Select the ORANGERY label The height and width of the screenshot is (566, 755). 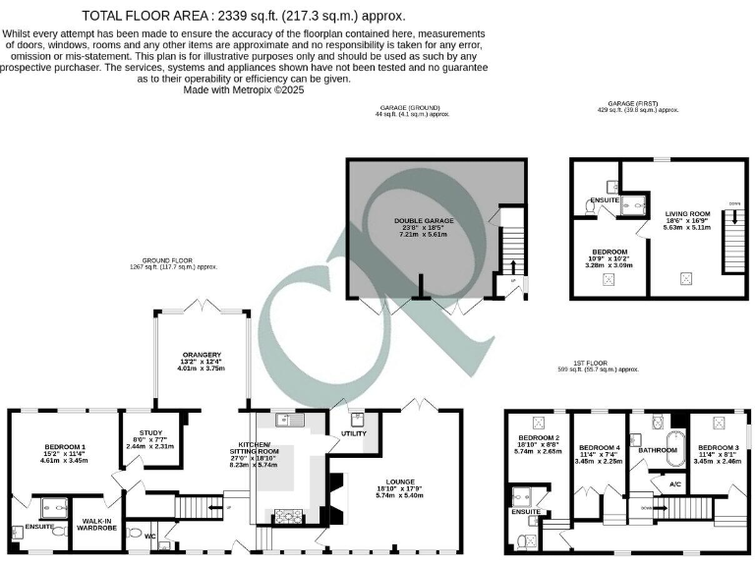click(202, 355)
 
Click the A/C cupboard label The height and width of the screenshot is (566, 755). click(674, 484)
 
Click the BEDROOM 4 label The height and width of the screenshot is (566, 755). click(598, 446)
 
